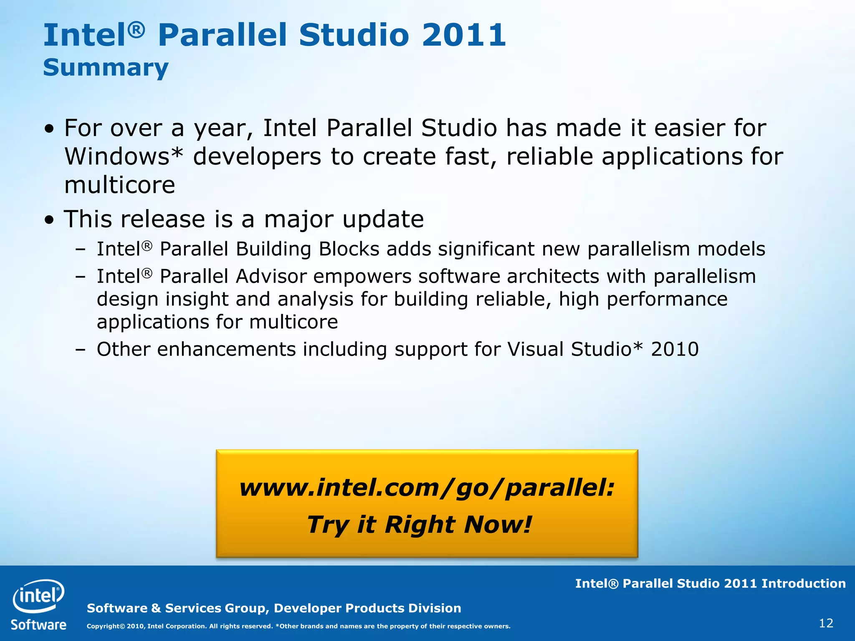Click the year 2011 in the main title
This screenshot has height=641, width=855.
tap(464, 35)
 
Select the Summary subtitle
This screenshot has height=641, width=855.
tap(106, 68)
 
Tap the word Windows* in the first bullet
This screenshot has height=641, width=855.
tap(124, 156)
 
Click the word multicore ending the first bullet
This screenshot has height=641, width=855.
tap(119, 185)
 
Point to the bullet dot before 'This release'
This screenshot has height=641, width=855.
tap(50, 220)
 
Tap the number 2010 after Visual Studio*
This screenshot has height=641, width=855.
tap(674, 349)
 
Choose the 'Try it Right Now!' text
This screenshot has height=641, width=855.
tap(420, 524)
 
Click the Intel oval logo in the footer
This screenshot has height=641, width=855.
tap(38, 596)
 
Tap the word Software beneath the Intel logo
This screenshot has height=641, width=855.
tap(38, 625)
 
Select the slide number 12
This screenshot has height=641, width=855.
tap(826, 623)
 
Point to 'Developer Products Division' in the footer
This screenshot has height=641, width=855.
tap(367, 608)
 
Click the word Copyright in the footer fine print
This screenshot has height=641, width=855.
tap(103, 626)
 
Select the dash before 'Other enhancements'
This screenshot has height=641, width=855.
tap(80, 350)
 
